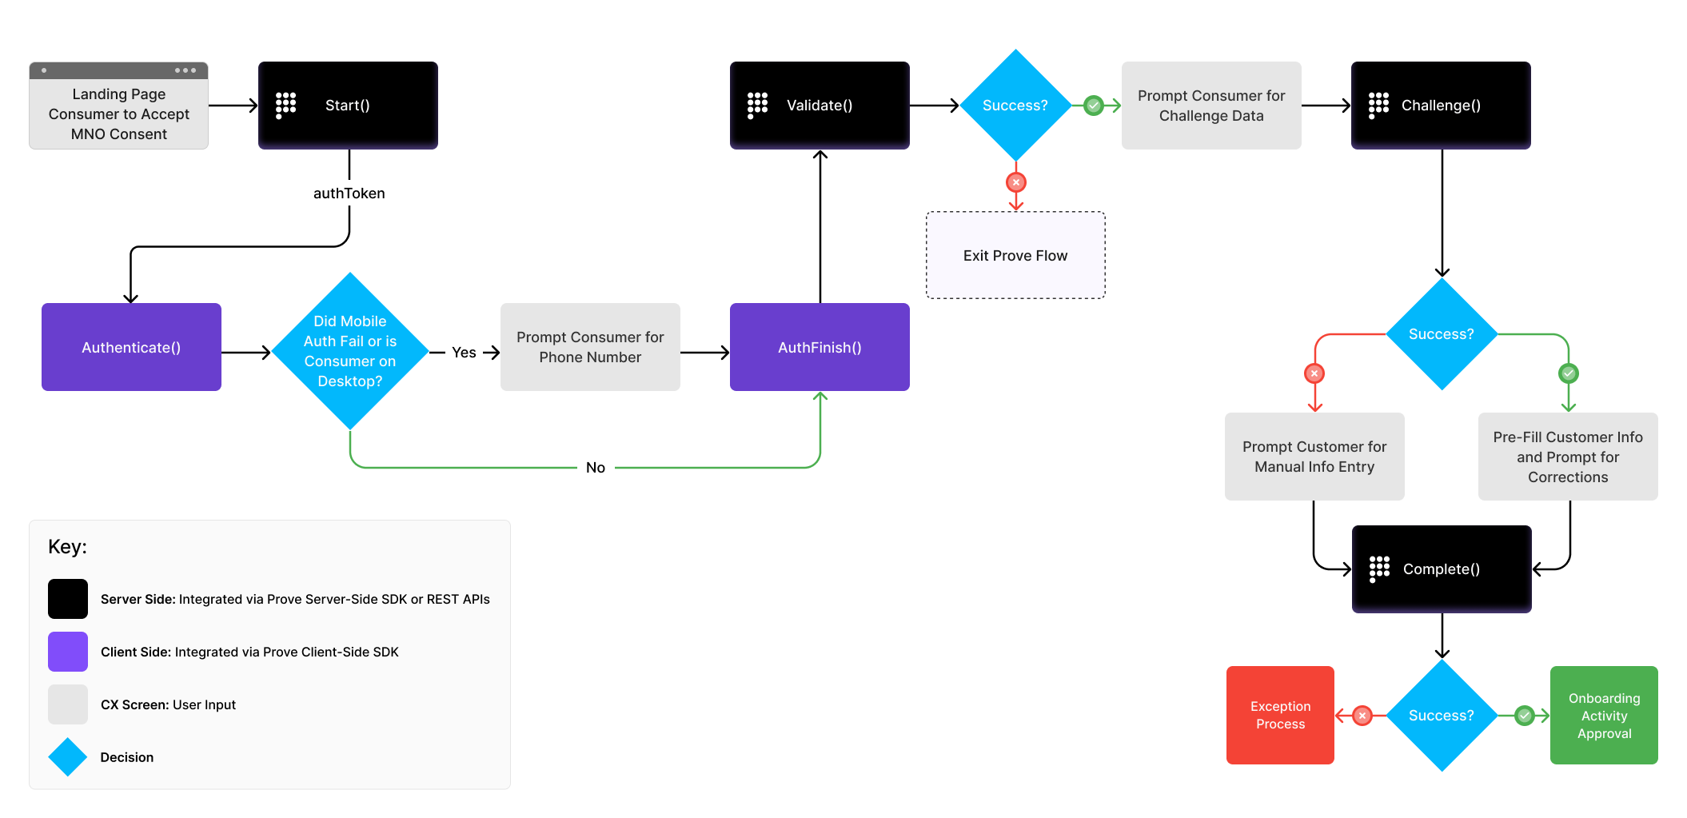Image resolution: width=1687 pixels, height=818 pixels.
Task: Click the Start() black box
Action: coord(348,106)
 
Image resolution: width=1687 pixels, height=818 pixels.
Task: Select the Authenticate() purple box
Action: coord(131,347)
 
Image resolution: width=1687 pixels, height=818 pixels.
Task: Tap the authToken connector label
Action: coord(349,194)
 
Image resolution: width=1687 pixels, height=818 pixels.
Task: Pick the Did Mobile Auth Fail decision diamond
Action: coord(350,351)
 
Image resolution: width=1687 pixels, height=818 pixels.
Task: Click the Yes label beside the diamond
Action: coord(464,353)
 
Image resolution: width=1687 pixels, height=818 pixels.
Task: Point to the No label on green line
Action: coord(596,468)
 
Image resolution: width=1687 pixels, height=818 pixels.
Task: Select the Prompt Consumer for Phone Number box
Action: coord(590,347)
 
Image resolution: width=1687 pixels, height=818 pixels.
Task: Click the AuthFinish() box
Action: coord(820,347)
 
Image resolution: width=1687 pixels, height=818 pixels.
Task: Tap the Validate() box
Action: coord(820,106)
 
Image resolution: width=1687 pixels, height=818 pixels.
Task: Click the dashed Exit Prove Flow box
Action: coord(1015,256)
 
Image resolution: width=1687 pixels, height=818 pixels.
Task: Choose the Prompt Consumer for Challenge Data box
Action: coord(1211,106)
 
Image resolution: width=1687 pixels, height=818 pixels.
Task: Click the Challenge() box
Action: coord(1441,106)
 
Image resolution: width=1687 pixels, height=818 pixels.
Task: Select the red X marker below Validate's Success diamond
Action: coord(1015,182)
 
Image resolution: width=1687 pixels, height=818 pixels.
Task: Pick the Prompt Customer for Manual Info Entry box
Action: coord(1314,457)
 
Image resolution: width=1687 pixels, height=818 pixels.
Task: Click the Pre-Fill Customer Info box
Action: coord(1568,457)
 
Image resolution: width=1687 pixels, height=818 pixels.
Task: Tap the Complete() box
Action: coord(1442,569)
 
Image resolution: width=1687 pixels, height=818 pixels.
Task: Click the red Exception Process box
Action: coord(1280,716)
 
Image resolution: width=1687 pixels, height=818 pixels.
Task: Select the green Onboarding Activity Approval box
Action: coord(1604,716)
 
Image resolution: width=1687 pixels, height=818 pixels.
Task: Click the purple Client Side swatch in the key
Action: coord(68,652)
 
